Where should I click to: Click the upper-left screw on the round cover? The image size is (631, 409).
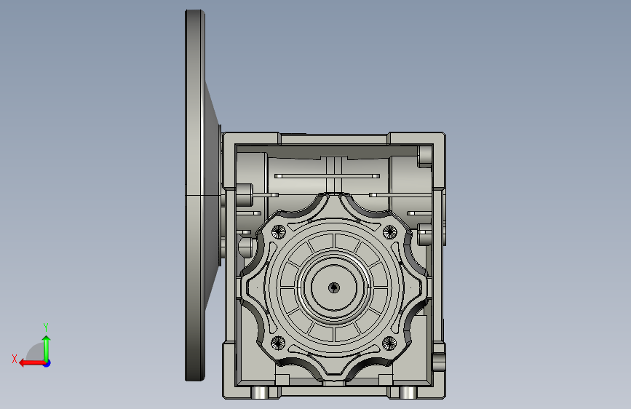pos(278,232)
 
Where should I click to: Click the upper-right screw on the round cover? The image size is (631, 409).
pos(389,232)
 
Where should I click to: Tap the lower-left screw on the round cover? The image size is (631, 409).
pos(278,344)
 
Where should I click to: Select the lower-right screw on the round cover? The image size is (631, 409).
pos(389,344)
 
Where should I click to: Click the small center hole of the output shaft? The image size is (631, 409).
pos(333,288)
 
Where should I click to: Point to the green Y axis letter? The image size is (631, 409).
pos(46,327)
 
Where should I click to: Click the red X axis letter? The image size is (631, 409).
pos(15,359)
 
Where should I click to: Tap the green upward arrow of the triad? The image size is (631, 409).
pos(47,348)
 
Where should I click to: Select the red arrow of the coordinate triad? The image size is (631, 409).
pos(32,363)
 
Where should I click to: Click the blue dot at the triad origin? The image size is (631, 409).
pos(47,363)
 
